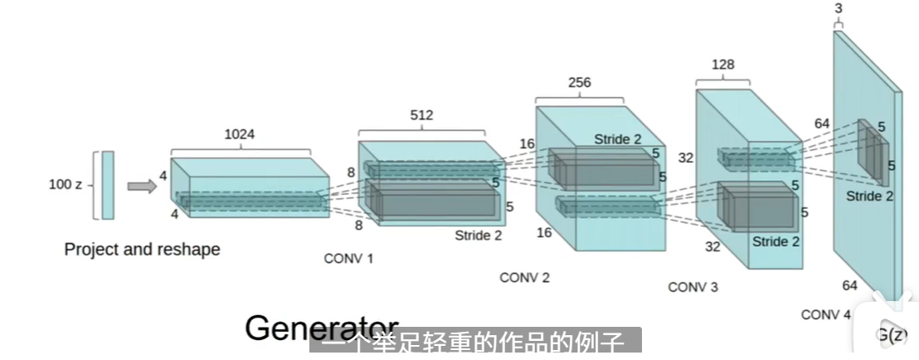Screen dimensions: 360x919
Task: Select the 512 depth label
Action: tap(421, 115)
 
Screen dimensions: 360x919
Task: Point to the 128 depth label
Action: tap(722, 65)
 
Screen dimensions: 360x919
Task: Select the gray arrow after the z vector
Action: tap(142, 186)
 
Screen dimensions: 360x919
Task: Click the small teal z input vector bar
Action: tap(108, 185)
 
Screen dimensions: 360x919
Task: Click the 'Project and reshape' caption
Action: tap(142, 249)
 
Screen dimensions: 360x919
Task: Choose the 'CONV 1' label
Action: tap(348, 258)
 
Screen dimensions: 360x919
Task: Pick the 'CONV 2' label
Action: tap(524, 278)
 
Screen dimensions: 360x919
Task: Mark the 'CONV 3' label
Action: tap(693, 287)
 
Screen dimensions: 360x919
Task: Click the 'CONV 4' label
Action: tap(825, 314)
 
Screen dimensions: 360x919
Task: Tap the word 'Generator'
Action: tap(322, 328)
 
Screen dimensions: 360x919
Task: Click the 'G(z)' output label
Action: tap(891, 335)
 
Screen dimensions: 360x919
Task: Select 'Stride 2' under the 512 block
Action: tap(478, 235)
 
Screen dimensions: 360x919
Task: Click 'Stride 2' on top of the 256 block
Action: tap(617, 139)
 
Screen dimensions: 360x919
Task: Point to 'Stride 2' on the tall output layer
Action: tap(869, 196)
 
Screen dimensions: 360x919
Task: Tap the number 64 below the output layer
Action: tap(849, 285)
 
